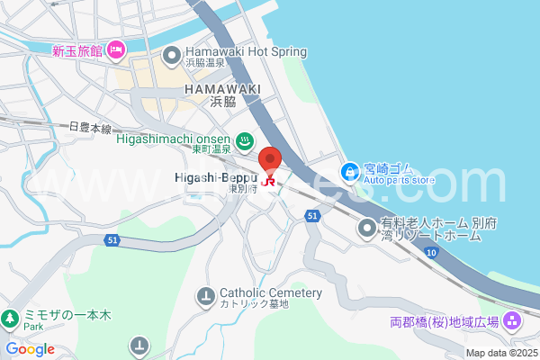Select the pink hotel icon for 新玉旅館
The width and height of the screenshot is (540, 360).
pos(115,50)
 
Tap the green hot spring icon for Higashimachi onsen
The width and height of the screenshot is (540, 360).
pos(244,140)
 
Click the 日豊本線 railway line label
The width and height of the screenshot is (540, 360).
pos(89,129)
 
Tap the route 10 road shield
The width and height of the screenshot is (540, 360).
pos(432,254)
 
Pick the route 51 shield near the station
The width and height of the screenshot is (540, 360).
pos(312,216)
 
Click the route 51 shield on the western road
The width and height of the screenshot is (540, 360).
pos(112,239)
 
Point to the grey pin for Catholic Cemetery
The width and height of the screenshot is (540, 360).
pos(206,294)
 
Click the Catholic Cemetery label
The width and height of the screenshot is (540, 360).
pos(270,293)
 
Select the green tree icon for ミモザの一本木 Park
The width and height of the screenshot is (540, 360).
pos(10,318)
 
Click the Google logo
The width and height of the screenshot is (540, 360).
pos(30,349)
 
